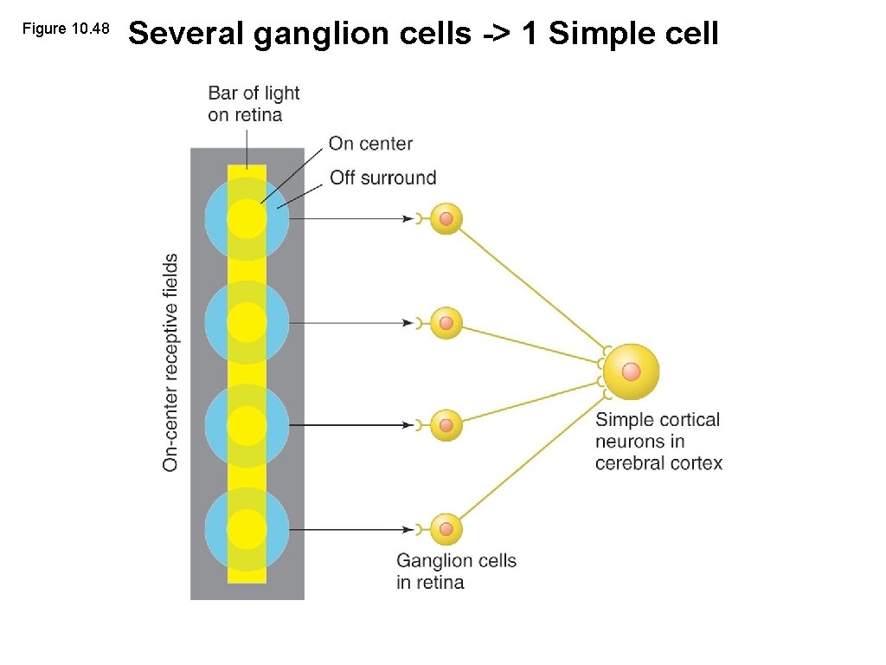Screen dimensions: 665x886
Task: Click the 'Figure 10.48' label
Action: [x=66, y=29]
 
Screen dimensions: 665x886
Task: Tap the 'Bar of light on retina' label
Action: [x=254, y=104]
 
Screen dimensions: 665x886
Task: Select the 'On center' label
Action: [x=370, y=144]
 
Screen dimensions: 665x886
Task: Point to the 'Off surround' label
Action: [x=382, y=178]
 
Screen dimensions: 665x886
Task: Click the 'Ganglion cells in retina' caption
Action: [x=456, y=571]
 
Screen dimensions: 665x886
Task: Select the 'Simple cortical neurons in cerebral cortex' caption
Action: [x=658, y=442]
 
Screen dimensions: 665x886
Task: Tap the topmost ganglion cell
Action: [x=446, y=219]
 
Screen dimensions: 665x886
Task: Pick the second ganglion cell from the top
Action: [x=446, y=323]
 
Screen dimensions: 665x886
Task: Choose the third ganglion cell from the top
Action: [x=446, y=425]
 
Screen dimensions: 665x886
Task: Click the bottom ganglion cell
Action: [x=446, y=529]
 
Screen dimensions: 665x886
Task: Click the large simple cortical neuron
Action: [x=631, y=372]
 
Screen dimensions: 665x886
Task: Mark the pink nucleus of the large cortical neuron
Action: [x=631, y=372]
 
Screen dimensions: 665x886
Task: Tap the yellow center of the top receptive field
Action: [x=247, y=217]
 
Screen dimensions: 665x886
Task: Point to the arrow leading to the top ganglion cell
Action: [x=355, y=219]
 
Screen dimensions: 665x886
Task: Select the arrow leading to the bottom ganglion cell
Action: [x=355, y=529]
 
